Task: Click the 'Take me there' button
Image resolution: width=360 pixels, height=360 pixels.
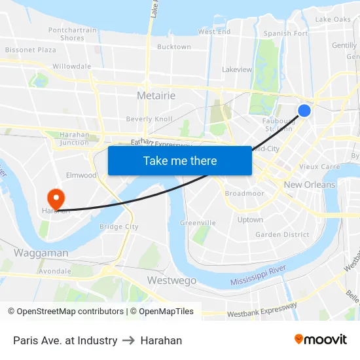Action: [x=180, y=160]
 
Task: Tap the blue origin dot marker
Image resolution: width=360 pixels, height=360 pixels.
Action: [x=304, y=111]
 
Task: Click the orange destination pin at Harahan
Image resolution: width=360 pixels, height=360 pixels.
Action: [x=56, y=198]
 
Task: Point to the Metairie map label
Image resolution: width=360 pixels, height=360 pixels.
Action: [x=156, y=96]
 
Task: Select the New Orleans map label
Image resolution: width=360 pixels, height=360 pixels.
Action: [x=309, y=185]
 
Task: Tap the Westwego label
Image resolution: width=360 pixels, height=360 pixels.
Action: [x=171, y=280]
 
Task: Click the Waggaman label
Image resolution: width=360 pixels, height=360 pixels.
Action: [x=41, y=253]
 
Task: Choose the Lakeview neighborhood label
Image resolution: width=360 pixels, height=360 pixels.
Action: [x=237, y=69]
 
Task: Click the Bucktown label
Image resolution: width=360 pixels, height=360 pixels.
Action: [x=174, y=47]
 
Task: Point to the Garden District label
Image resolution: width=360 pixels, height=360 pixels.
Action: [x=282, y=234]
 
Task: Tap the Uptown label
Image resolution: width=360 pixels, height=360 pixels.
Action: [x=250, y=220]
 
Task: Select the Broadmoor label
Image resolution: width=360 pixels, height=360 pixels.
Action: [x=244, y=194]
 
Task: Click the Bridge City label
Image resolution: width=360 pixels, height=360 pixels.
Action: [x=118, y=226]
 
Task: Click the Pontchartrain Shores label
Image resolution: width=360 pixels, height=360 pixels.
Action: [x=72, y=34]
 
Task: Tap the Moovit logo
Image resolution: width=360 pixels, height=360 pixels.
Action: [x=321, y=340]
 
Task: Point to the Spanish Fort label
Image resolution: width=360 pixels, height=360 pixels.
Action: [x=285, y=33]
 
